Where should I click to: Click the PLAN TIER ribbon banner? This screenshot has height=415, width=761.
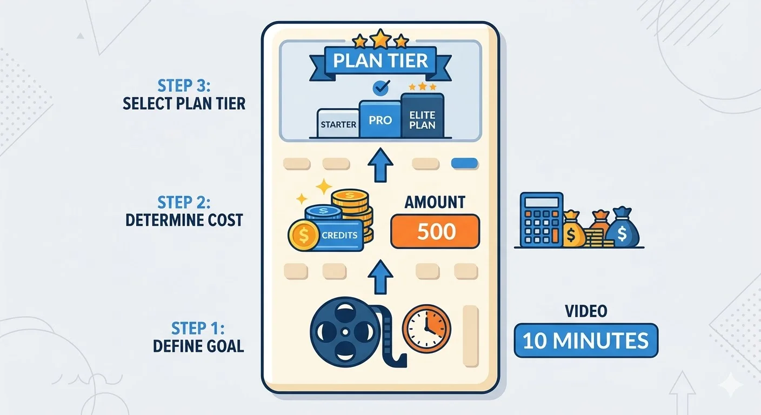(380, 61)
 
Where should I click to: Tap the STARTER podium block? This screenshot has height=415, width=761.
(338, 124)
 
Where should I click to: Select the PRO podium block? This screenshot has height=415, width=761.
(380, 119)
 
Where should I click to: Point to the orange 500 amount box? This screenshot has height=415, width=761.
(435, 231)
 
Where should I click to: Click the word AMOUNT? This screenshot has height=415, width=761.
(435, 203)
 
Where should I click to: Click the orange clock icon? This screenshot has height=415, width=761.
(426, 329)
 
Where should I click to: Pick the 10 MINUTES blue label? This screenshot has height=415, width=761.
(586, 340)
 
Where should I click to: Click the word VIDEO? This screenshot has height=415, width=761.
(586, 311)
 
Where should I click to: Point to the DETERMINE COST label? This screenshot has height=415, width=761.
(184, 220)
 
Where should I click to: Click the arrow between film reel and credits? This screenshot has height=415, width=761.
(380, 276)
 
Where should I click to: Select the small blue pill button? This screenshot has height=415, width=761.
(464, 163)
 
